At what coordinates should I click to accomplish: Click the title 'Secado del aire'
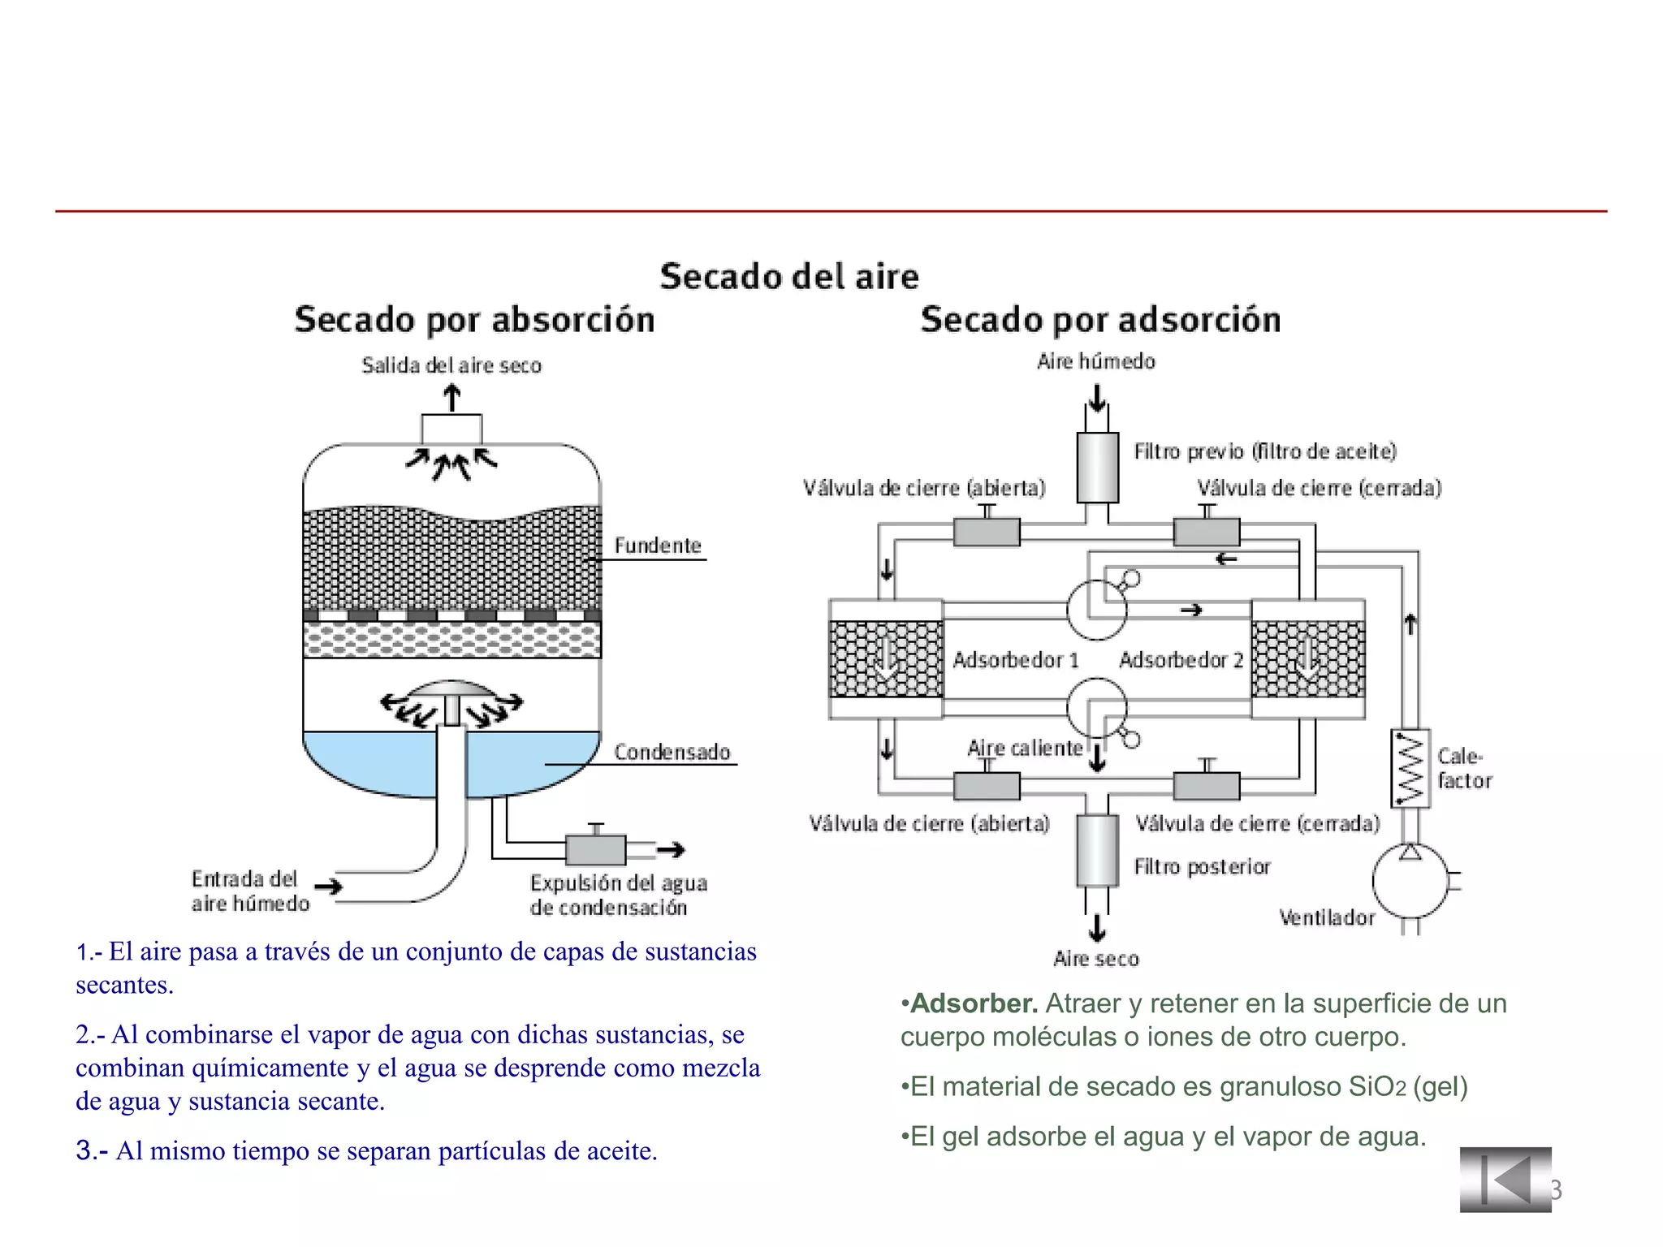789,276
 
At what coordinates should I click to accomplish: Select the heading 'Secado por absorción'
474,319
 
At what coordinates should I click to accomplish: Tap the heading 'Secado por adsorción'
1100,319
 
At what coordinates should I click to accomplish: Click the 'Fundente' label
657,546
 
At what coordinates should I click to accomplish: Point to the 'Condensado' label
672,753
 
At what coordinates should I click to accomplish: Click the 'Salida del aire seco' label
451,365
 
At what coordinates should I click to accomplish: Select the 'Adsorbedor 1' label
1015,660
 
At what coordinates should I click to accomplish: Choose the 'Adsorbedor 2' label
1181,660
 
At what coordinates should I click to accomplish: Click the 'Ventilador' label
1327,918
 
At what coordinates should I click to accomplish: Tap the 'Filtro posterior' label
1202,867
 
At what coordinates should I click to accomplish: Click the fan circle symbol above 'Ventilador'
1410,882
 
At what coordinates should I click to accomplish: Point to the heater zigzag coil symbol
1410,768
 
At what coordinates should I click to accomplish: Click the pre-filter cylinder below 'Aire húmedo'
1097,468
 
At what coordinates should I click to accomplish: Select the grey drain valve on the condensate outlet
595,850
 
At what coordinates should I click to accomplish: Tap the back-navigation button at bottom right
1505,1180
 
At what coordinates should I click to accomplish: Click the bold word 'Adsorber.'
974,1004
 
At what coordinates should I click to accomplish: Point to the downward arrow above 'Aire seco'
1097,927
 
